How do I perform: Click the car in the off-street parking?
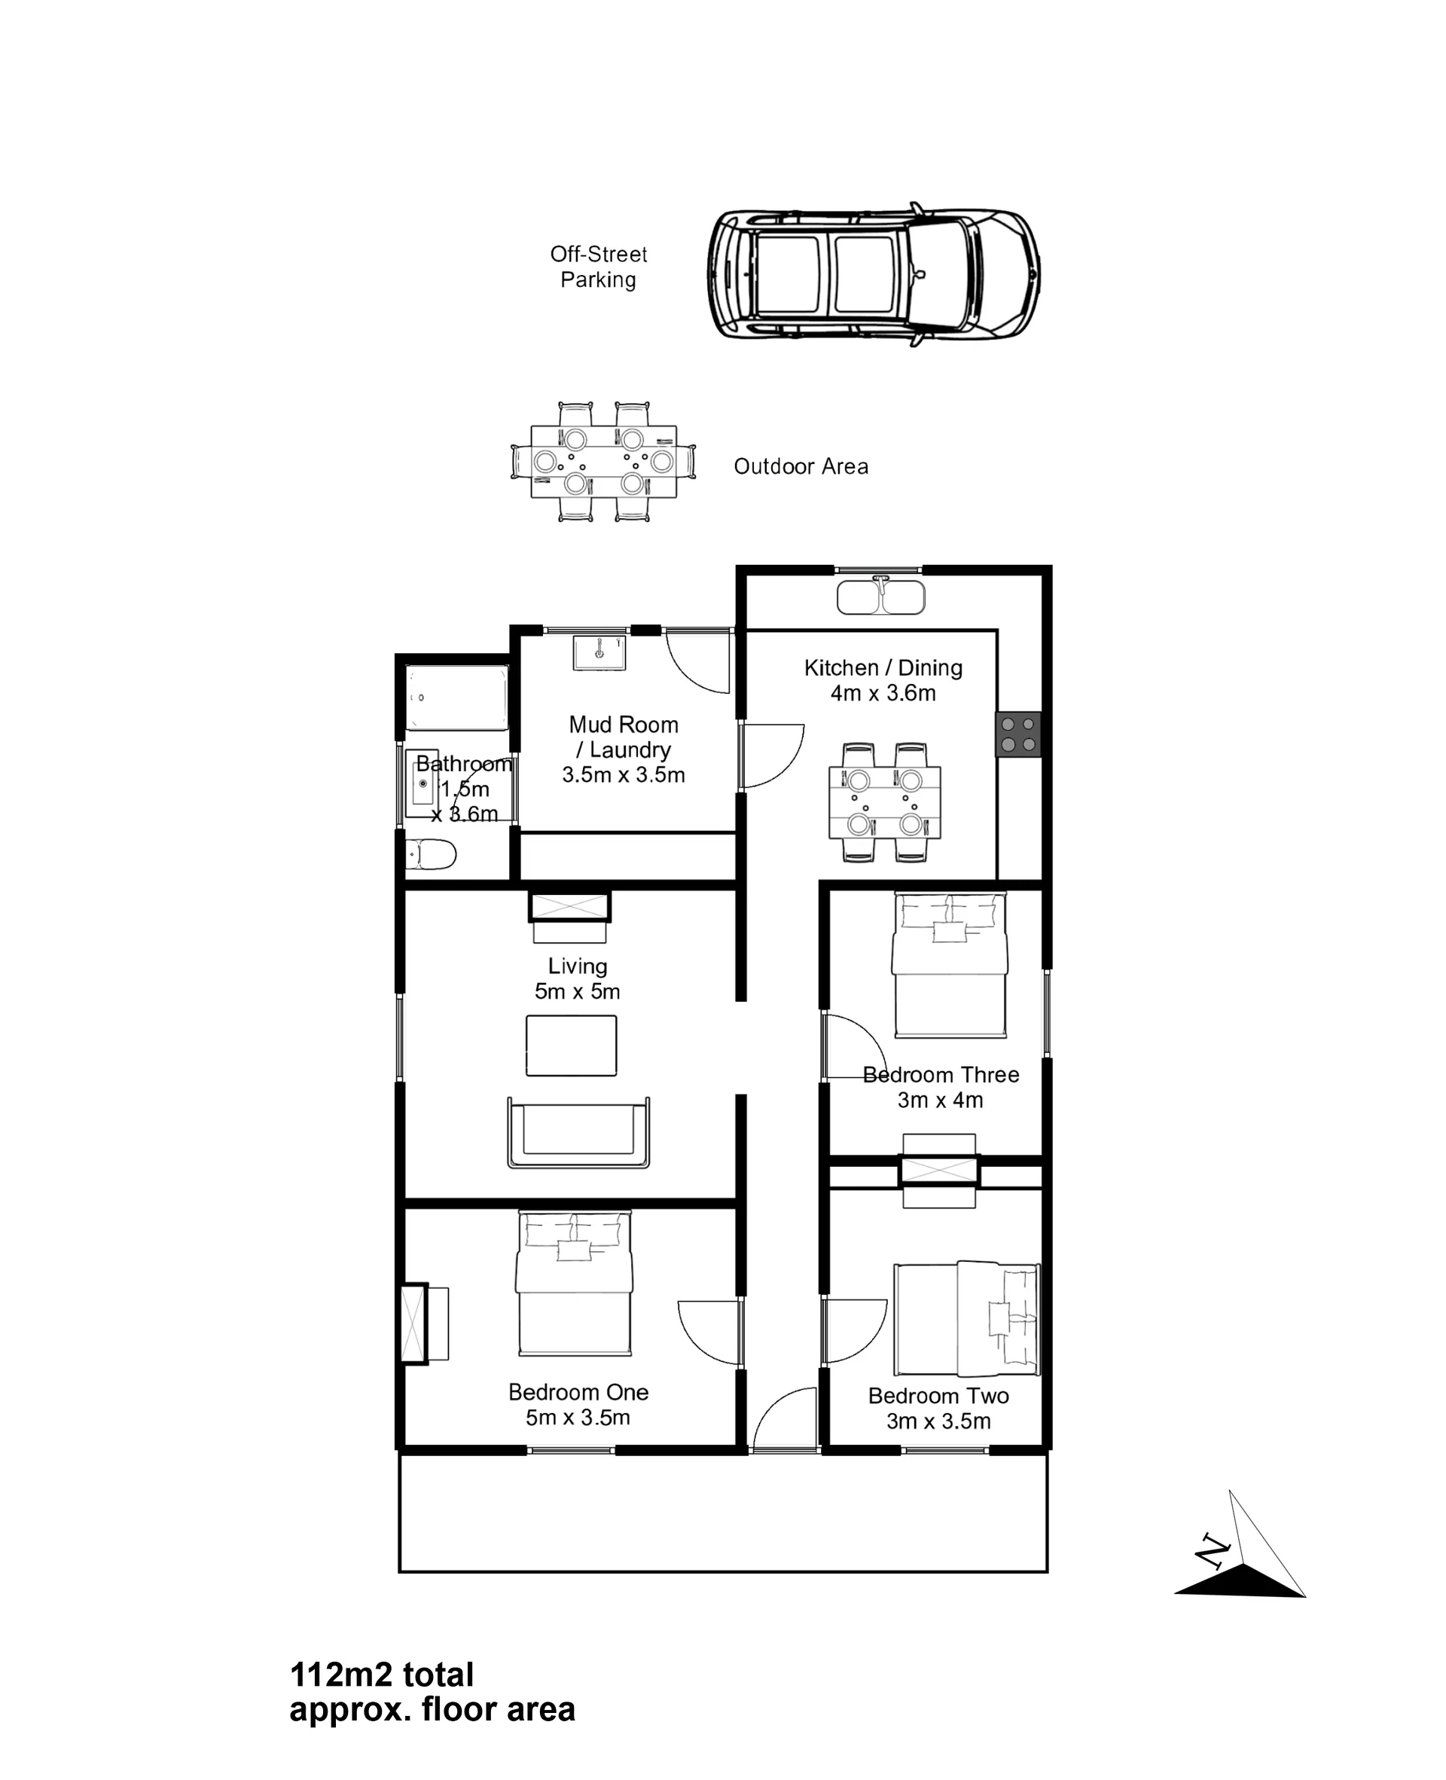pos(874,274)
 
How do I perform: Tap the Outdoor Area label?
pos(801,466)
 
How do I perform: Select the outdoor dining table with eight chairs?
pos(603,462)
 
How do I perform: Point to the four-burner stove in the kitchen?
pos(1018,734)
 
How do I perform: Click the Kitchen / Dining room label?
pos(883,679)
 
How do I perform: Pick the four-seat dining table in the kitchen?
pos(885,802)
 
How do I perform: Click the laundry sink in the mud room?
pos(599,653)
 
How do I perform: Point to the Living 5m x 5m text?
pos(577,979)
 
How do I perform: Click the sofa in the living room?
pos(578,1132)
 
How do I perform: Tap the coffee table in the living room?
pos(572,1046)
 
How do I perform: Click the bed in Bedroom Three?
pos(950,966)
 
